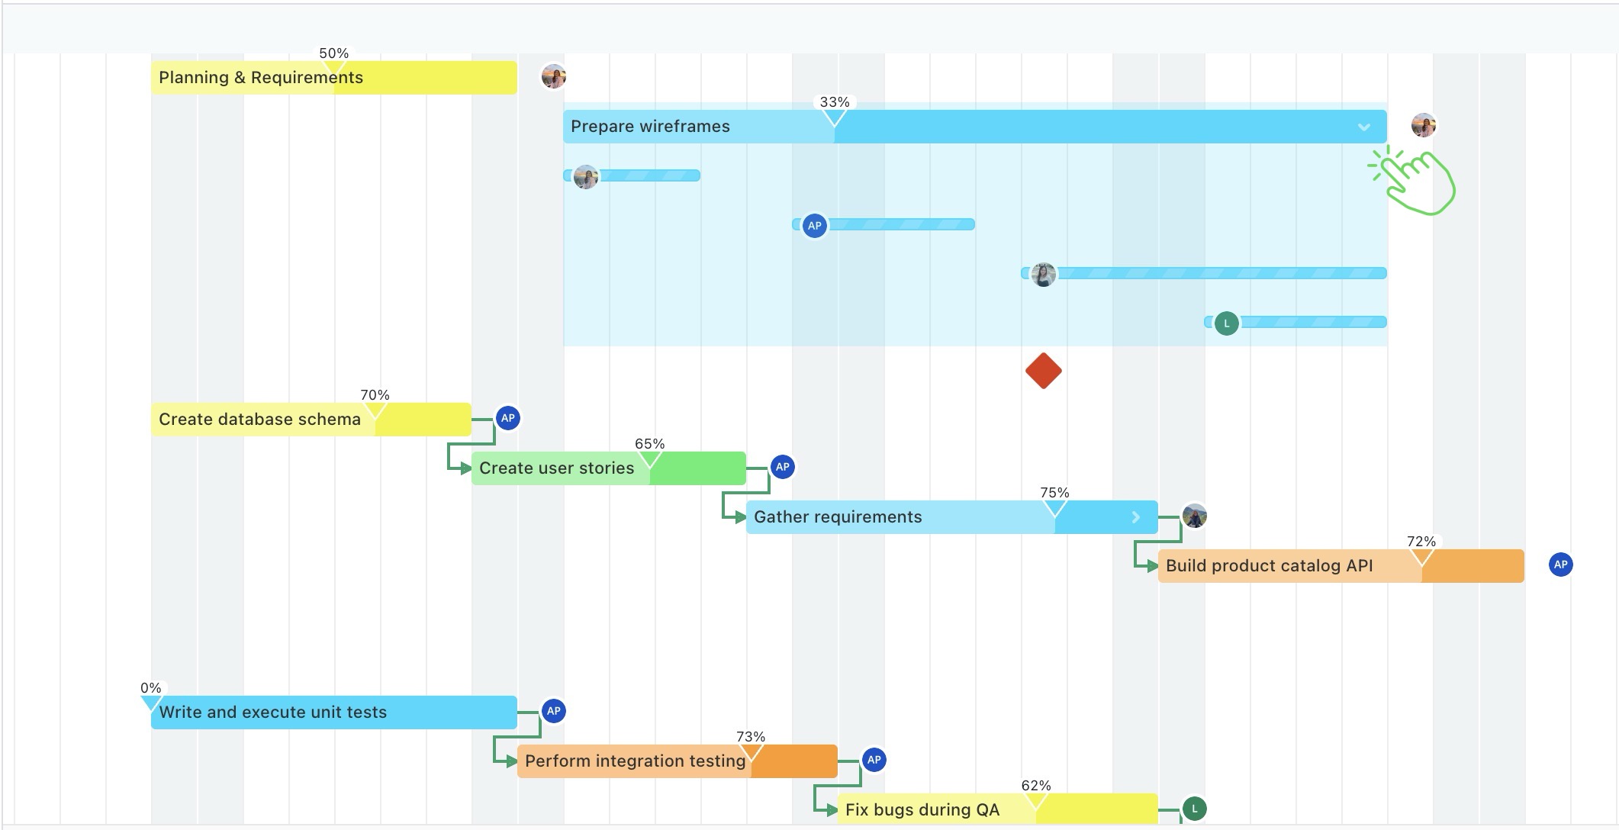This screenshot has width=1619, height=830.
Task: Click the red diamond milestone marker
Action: [x=1043, y=371]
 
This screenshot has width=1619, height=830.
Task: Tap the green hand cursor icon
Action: [x=1415, y=182]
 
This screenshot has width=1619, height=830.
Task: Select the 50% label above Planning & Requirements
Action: [x=333, y=53]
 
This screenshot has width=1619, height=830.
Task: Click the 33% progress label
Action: [x=834, y=102]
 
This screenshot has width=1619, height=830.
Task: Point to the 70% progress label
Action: [x=375, y=395]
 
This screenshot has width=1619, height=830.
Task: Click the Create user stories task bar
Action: [x=608, y=468]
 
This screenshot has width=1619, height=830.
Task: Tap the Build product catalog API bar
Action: [x=1340, y=566]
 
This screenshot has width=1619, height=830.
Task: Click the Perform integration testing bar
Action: [x=676, y=761]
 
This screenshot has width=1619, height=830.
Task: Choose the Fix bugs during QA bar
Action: [x=996, y=809]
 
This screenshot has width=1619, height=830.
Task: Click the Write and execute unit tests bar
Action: [x=333, y=713]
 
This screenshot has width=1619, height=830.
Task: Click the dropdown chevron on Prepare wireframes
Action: [x=1363, y=127]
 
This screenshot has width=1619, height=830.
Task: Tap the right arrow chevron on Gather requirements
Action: [x=1135, y=517]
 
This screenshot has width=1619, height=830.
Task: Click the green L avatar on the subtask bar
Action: [x=1226, y=323]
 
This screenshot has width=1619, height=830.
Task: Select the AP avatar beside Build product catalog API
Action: [x=1560, y=565]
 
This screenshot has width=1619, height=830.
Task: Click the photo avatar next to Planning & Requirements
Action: [x=553, y=76]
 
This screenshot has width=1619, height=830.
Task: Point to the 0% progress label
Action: [x=150, y=688]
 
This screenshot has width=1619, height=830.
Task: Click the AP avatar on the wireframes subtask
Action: [x=814, y=226]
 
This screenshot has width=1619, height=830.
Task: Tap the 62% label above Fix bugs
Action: [x=1035, y=786]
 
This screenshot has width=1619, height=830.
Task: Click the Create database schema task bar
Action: [x=311, y=420]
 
